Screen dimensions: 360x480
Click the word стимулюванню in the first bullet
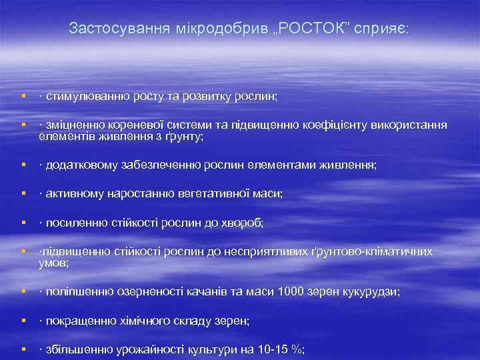[81, 97]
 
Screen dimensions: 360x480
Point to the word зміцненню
[71, 125]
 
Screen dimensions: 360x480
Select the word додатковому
[77, 165]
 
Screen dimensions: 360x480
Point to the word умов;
[53, 263]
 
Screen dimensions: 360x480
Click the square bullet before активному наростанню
[23, 193]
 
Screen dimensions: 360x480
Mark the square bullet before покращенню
[23, 321]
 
